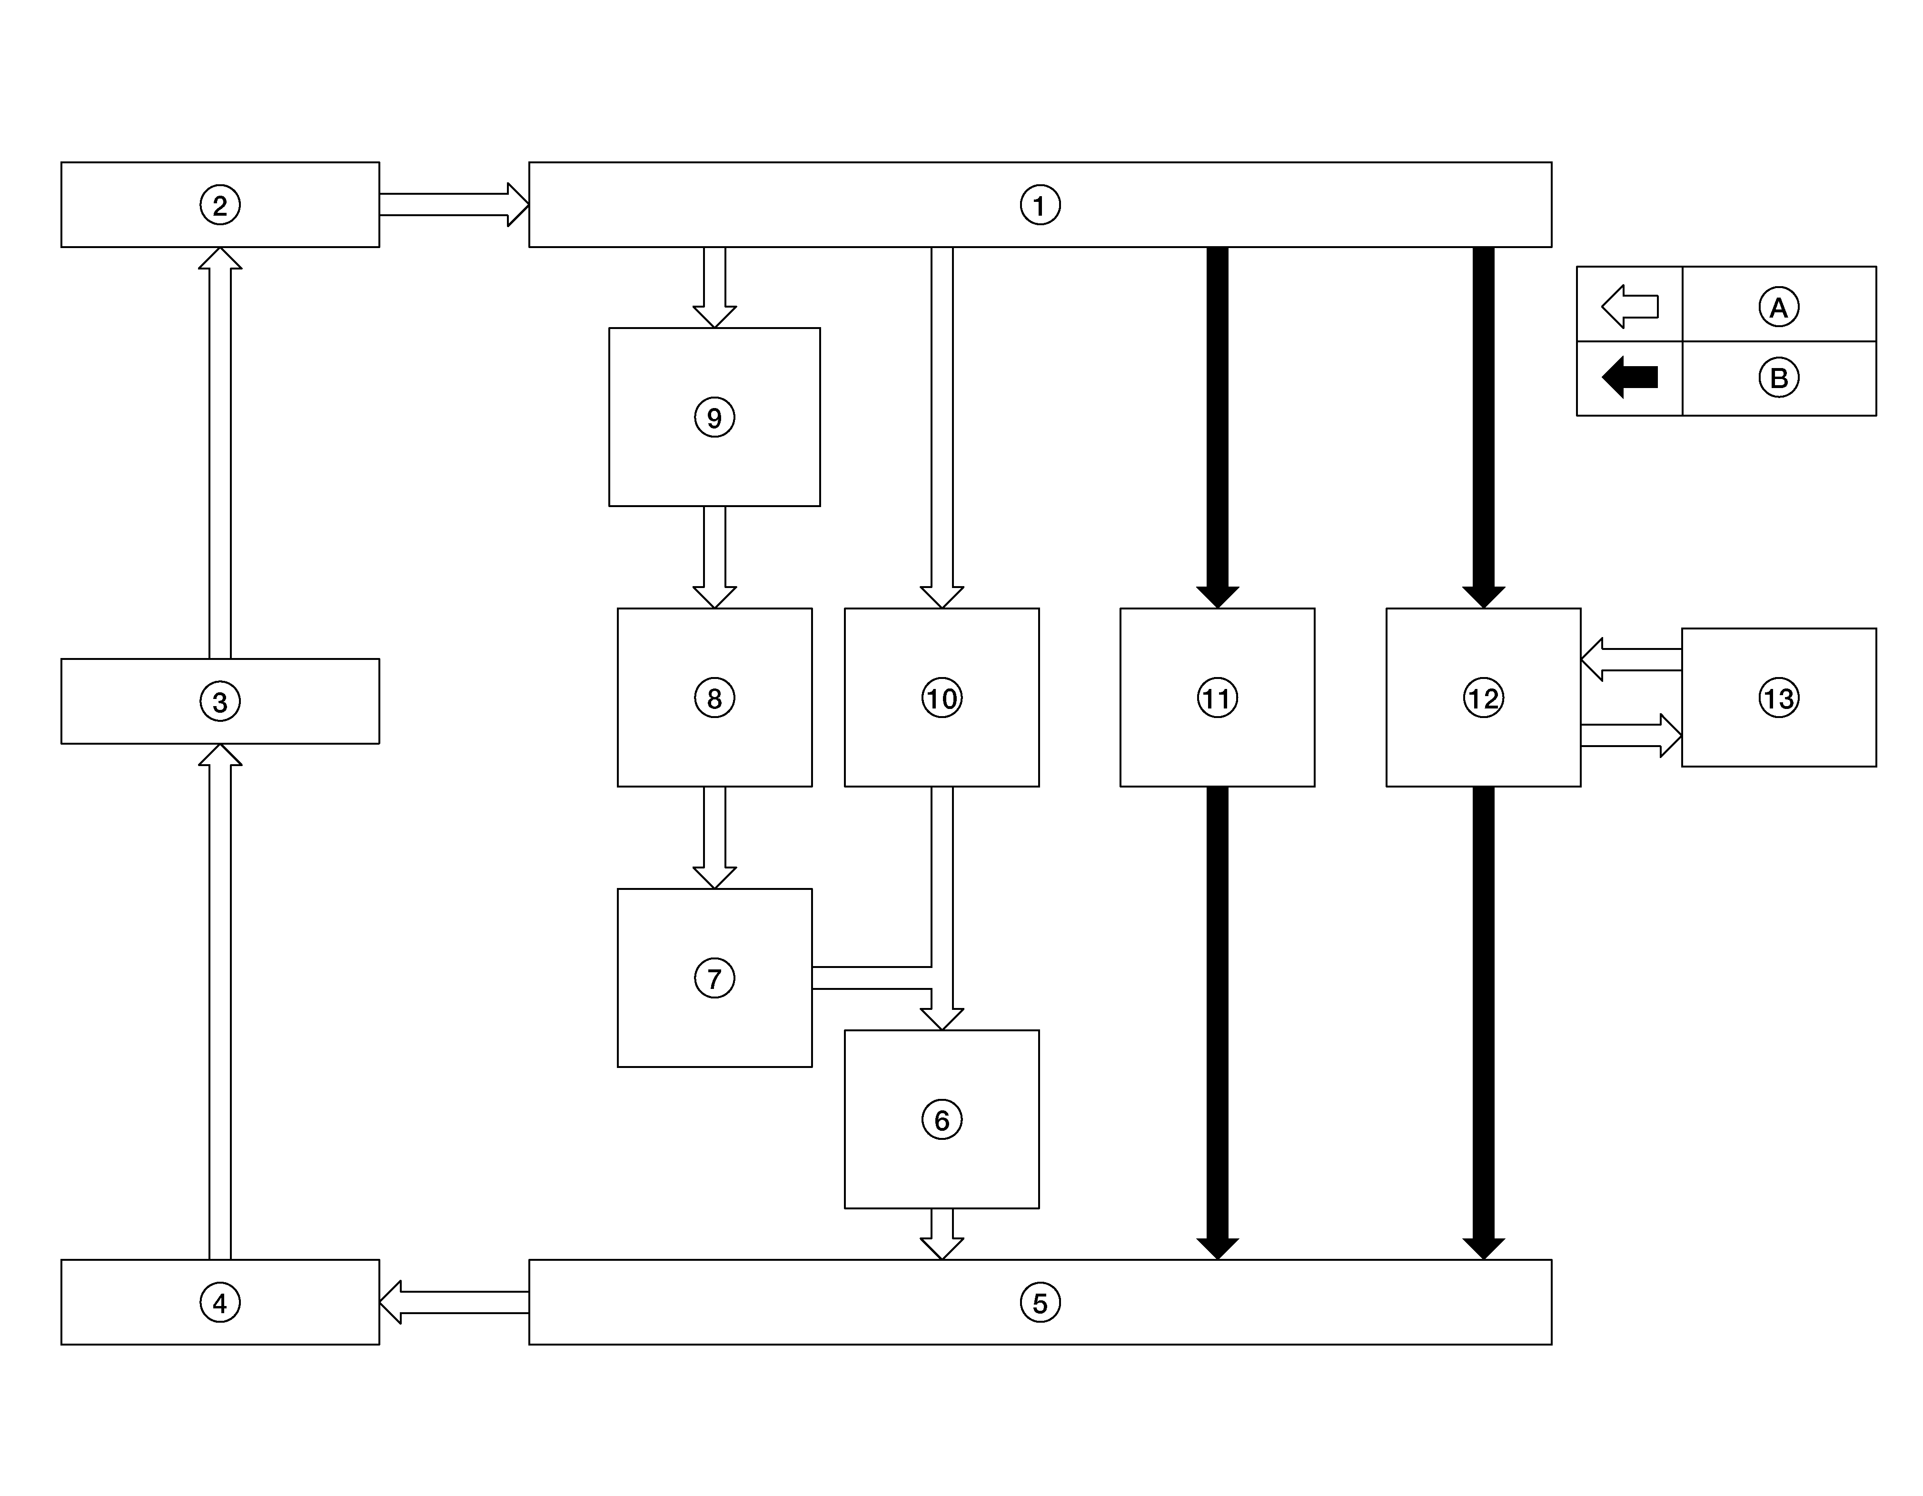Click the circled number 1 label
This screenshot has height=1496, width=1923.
coord(1040,205)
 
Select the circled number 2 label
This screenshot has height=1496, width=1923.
coord(220,205)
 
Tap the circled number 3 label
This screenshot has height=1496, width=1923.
coord(220,702)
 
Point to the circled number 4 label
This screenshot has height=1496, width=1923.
coord(220,1302)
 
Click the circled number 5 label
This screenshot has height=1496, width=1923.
coord(1040,1302)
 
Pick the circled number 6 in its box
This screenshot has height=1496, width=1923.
coord(941,1120)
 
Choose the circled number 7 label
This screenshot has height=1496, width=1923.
coord(714,978)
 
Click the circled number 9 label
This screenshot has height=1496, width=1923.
coord(714,418)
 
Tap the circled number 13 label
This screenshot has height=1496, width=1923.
coord(1779,698)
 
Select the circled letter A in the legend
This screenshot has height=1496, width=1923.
coord(1779,307)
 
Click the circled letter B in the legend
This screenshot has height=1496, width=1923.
coord(1779,378)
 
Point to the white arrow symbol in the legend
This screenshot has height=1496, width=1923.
coord(1630,307)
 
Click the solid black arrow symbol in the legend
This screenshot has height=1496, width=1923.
coord(1630,377)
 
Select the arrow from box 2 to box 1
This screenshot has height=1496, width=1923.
coord(455,204)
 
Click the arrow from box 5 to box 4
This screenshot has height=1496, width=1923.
coord(455,1302)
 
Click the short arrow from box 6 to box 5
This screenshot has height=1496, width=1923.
coord(941,1234)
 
